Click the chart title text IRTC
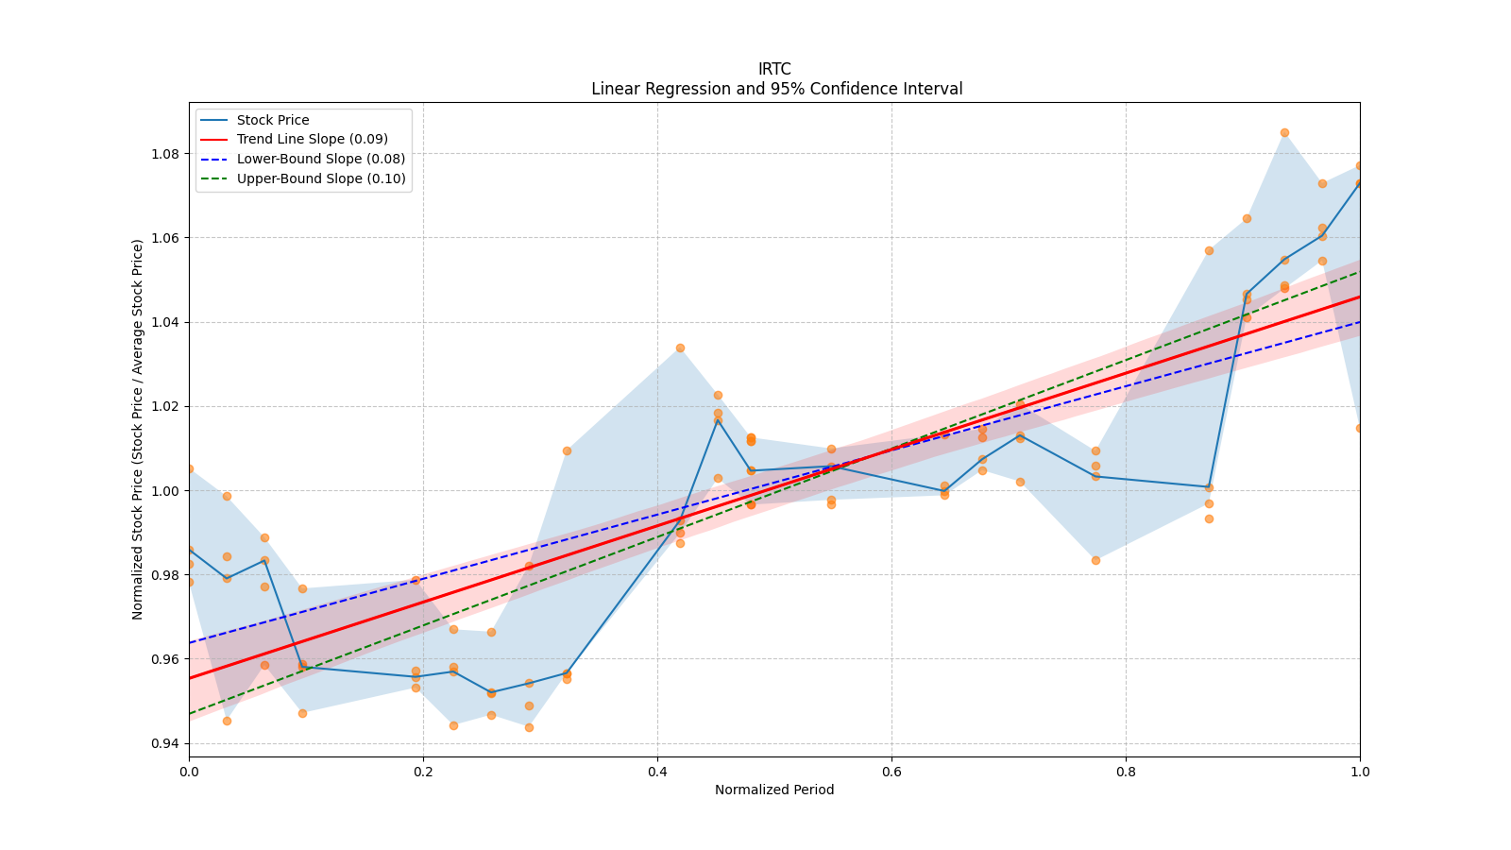click(x=774, y=69)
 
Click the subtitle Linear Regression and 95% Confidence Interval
click(x=776, y=89)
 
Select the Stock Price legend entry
click(x=273, y=120)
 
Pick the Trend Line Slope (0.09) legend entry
click(x=312, y=140)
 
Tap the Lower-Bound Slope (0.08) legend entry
click(x=321, y=160)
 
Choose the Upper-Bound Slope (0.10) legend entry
click(x=321, y=178)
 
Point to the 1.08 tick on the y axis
click(x=165, y=154)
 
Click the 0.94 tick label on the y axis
click(x=165, y=743)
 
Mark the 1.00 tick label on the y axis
click(x=165, y=491)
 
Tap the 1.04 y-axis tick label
click(x=165, y=322)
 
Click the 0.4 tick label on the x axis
click(x=657, y=772)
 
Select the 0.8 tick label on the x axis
click(x=1126, y=772)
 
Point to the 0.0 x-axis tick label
click(x=189, y=772)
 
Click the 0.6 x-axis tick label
click(x=891, y=772)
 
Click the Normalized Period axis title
click(x=774, y=790)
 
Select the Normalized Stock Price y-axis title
click(x=138, y=429)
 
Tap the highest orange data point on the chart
click(x=1284, y=133)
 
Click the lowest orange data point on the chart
click(x=529, y=727)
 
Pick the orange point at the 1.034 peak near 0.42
click(x=680, y=348)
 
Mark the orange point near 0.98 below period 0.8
click(x=1095, y=560)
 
